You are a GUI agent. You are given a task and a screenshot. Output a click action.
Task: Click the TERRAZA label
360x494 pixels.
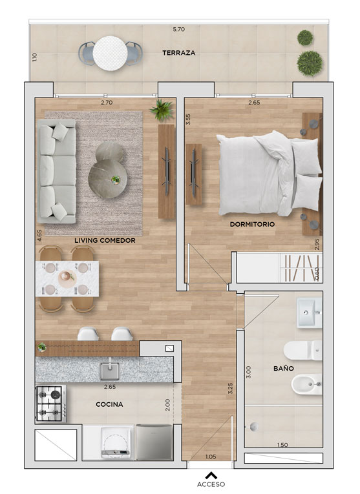[179, 53]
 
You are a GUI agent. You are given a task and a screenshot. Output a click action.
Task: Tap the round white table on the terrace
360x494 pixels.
[110, 54]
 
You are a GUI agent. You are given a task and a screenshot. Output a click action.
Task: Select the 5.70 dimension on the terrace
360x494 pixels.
[179, 29]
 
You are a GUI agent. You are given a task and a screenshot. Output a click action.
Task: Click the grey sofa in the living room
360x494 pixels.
[57, 171]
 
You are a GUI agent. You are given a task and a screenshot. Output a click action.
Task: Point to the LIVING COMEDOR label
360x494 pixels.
[105, 240]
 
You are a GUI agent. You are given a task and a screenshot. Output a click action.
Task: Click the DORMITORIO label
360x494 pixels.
[252, 224]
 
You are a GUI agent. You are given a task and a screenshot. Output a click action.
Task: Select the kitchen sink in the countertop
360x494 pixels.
[110, 370]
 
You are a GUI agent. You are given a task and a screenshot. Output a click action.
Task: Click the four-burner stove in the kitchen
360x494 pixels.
[51, 404]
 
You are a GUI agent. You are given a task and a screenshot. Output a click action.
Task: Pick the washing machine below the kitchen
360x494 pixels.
[116, 442]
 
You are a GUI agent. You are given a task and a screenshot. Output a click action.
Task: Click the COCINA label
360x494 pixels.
[109, 404]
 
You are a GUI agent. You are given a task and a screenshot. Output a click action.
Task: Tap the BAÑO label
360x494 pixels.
[284, 368]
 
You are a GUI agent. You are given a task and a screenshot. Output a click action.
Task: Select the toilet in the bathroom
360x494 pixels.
[302, 351]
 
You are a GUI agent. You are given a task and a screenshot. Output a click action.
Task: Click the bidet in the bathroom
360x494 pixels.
[306, 385]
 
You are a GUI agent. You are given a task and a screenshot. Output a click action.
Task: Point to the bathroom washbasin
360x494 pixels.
[309, 313]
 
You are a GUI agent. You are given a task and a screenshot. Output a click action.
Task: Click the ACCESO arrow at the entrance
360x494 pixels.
[211, 475]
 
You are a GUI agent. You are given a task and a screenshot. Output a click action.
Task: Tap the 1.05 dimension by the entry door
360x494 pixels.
[211, 457]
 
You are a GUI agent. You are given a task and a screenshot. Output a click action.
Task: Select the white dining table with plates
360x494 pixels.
[67, 278]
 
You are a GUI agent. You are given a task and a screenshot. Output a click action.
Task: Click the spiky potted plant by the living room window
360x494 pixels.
[162, 110]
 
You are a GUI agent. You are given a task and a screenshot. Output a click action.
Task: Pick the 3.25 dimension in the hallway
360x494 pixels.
[231, 389]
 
